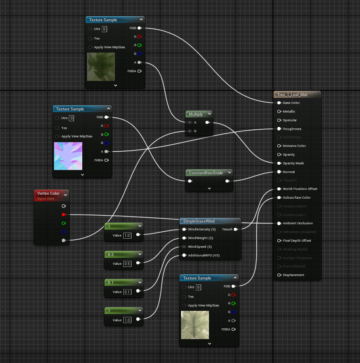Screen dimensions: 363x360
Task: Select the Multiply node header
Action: point(196,114)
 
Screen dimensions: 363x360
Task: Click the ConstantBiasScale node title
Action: point(205,173)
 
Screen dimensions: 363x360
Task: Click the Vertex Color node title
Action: point(48,193)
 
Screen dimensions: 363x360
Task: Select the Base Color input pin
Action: point(279,103)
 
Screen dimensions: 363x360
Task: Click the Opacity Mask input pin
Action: point(279,163)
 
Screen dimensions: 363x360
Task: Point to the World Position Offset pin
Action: point(279,189)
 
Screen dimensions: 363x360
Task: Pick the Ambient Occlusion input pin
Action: point(279,223)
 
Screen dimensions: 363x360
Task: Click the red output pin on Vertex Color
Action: point(64,214)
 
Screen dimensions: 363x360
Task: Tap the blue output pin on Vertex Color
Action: point(64,231)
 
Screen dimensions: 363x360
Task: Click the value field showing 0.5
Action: point(127,263)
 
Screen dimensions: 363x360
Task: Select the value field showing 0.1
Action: point(127,292)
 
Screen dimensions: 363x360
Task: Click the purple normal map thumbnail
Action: point(67,156)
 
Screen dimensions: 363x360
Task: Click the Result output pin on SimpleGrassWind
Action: point(236,229)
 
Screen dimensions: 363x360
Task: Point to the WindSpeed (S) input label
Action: point(200,246)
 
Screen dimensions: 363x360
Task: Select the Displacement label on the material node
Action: point(293,275)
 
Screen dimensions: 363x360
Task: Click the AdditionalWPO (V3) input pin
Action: point(184,255)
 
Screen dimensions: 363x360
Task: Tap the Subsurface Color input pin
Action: point(279,198)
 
